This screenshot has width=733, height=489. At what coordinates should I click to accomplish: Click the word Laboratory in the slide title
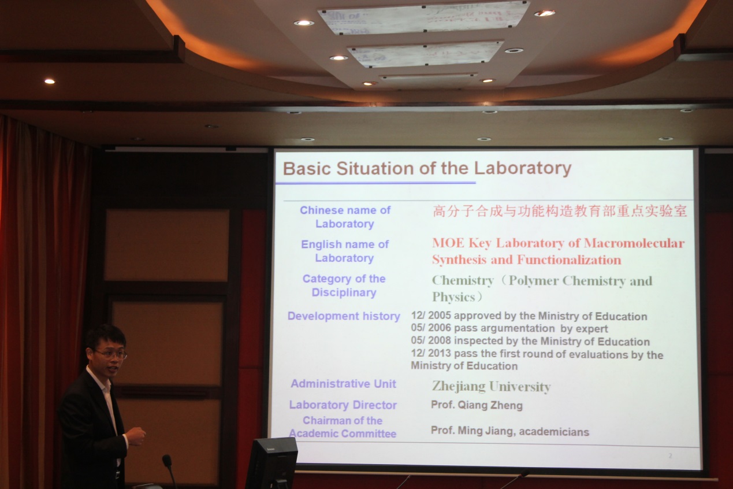coord(523,168)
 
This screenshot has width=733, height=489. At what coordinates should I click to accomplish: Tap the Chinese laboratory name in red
coord(560,211)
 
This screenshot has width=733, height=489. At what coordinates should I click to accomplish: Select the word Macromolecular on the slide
coord(634,243)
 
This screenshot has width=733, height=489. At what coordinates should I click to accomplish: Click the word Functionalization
coord(569,260)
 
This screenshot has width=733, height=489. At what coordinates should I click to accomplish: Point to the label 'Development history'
coord(344,316)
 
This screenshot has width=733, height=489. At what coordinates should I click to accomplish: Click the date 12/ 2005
coord(431,316)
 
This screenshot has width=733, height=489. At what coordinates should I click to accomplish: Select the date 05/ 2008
coord(431,340)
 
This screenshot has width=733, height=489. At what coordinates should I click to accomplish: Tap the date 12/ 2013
coord(431,353)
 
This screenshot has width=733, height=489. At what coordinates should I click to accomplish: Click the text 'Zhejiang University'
coord(491,387)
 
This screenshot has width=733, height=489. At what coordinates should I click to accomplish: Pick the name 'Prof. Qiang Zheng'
coord(477,405)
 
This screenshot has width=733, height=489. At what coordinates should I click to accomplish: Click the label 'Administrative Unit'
coord(343,384)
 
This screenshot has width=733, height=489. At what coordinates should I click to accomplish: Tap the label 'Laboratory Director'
coord(343,405)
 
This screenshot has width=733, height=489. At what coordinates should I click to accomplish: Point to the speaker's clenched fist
coord(135,436)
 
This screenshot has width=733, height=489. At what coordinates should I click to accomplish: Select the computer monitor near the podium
coord(272,463)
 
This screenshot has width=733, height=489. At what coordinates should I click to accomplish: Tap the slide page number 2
coord(670,455)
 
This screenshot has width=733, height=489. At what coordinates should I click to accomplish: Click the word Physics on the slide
coord(453,297)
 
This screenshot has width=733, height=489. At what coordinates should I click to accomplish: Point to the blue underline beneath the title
coord(375,183)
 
